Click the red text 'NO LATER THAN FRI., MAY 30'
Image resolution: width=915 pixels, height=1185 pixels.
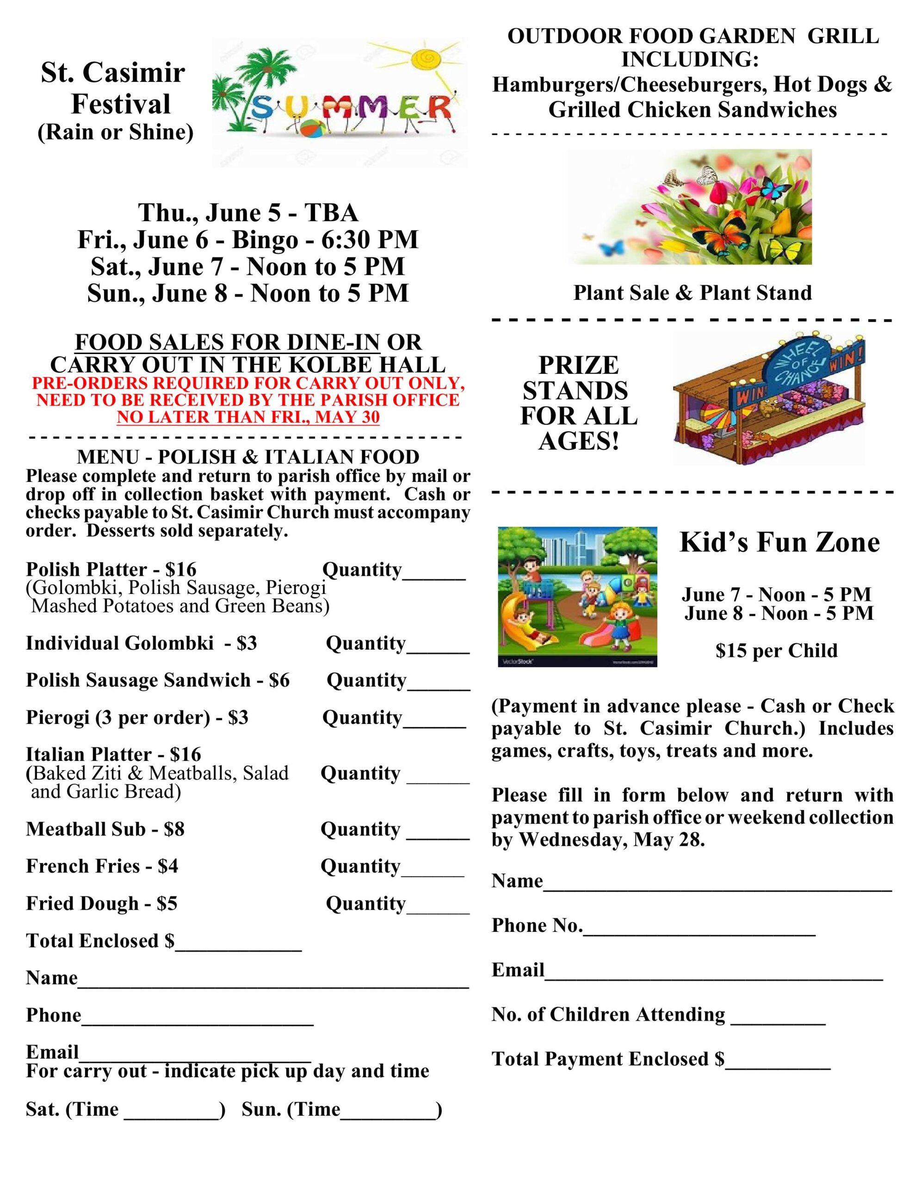[248, 417]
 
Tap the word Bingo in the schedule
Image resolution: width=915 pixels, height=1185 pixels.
[265, 240]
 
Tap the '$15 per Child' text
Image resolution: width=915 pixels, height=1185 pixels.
[776, 650]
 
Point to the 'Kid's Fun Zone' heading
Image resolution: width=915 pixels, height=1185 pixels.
[779, 542]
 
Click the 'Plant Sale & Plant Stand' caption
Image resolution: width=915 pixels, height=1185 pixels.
[692, 293]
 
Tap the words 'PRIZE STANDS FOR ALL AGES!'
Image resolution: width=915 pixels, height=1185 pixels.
[578, 403]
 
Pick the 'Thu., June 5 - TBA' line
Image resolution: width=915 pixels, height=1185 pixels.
[248, 212]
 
